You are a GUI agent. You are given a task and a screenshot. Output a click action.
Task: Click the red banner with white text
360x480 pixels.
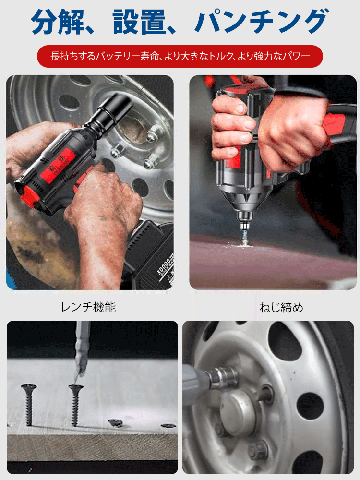(x=180, y=56)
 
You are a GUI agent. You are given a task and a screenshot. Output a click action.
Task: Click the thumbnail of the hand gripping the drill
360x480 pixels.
(x=272, y=182)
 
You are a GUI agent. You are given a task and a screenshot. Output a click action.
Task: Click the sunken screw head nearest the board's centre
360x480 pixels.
(x=115, y=422)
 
